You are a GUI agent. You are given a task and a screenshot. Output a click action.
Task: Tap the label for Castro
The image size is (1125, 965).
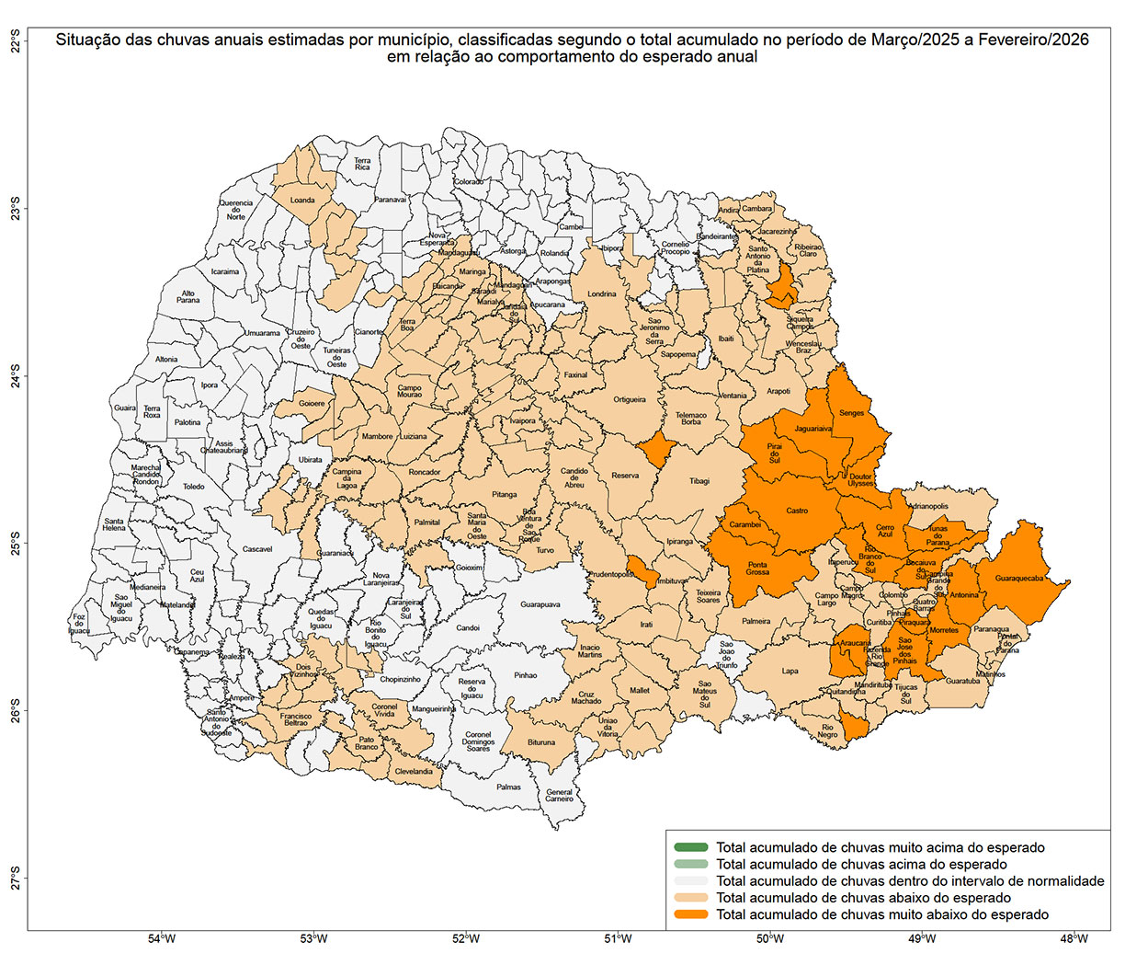(x=797, y=511)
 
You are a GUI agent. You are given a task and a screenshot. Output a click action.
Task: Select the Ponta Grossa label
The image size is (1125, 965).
(x=757, y=569)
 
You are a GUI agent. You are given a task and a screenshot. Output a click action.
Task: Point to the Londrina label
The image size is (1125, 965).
(x=602, y=294)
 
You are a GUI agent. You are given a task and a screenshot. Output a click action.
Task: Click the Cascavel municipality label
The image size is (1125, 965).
(x=257, y=549)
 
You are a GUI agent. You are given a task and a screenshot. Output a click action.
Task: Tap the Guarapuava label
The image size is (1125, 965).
(x=540, y=605)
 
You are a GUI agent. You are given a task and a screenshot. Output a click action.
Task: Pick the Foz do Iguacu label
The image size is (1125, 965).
(x=80, y=624)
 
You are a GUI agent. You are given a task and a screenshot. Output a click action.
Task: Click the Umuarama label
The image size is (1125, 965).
(x=262, y=334)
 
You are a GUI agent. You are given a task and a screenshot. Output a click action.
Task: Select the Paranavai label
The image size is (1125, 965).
(x=391, y=200)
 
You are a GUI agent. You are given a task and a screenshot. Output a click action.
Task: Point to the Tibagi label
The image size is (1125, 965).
(x=699, y=481)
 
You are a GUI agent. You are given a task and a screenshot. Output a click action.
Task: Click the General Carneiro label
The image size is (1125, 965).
(x=559, y=796)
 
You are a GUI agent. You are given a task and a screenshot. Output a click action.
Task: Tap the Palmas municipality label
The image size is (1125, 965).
(x=508, y=787)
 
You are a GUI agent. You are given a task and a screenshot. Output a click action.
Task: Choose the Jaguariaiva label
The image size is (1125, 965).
(x=813, y=429)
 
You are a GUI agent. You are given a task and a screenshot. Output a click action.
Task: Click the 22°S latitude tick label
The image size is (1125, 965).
(x=15, y=42)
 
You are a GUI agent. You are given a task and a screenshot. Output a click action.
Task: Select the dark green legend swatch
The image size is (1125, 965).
(x=690, y=847)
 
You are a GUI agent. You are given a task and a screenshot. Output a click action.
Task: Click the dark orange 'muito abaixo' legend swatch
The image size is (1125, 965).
(x=690, y=914)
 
